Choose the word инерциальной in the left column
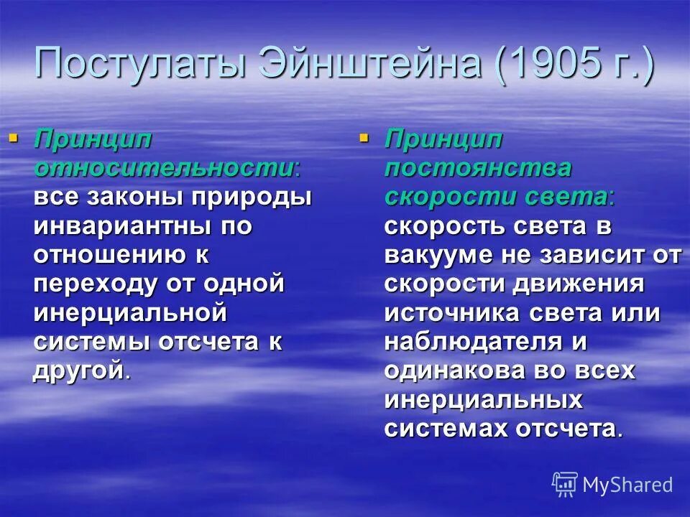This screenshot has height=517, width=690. pos(131,312)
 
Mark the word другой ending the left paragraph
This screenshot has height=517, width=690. pos(78,371)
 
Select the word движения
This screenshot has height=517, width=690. pos(581,284)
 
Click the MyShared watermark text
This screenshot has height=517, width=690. pos(627,485)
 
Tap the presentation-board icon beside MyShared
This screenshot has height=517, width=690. pos(565,484)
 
